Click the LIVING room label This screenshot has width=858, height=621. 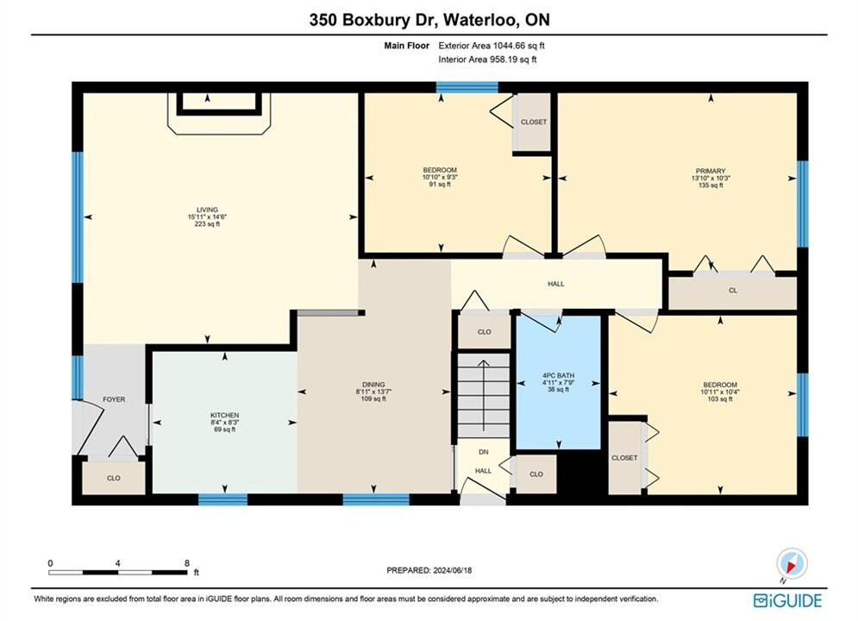tap(208, 210)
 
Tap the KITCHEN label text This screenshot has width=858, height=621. tap(225, 415)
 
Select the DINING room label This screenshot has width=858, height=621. tap(373, 385)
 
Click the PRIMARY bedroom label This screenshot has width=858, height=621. tap(711, 171)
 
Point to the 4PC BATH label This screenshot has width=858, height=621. tap(559, 375)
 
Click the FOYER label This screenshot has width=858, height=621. tap(114, 399)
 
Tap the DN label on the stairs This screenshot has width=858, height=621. tap(483, 452)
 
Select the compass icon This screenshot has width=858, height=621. tap(792, 563)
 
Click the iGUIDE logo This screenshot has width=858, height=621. tap(787, 600)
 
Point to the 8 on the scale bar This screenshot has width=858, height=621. tap(187, 563)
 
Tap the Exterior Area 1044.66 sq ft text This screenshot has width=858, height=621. tap(492, 46)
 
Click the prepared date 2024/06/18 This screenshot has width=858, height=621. tap(453, 570)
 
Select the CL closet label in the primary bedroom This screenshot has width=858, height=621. tap(733, 291)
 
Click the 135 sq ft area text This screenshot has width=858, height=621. tap(711, 185)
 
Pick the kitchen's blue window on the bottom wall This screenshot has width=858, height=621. tap(222, 499)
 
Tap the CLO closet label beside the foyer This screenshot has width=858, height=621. tap(113, 478)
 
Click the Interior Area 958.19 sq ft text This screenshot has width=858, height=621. tap(487, 60)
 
